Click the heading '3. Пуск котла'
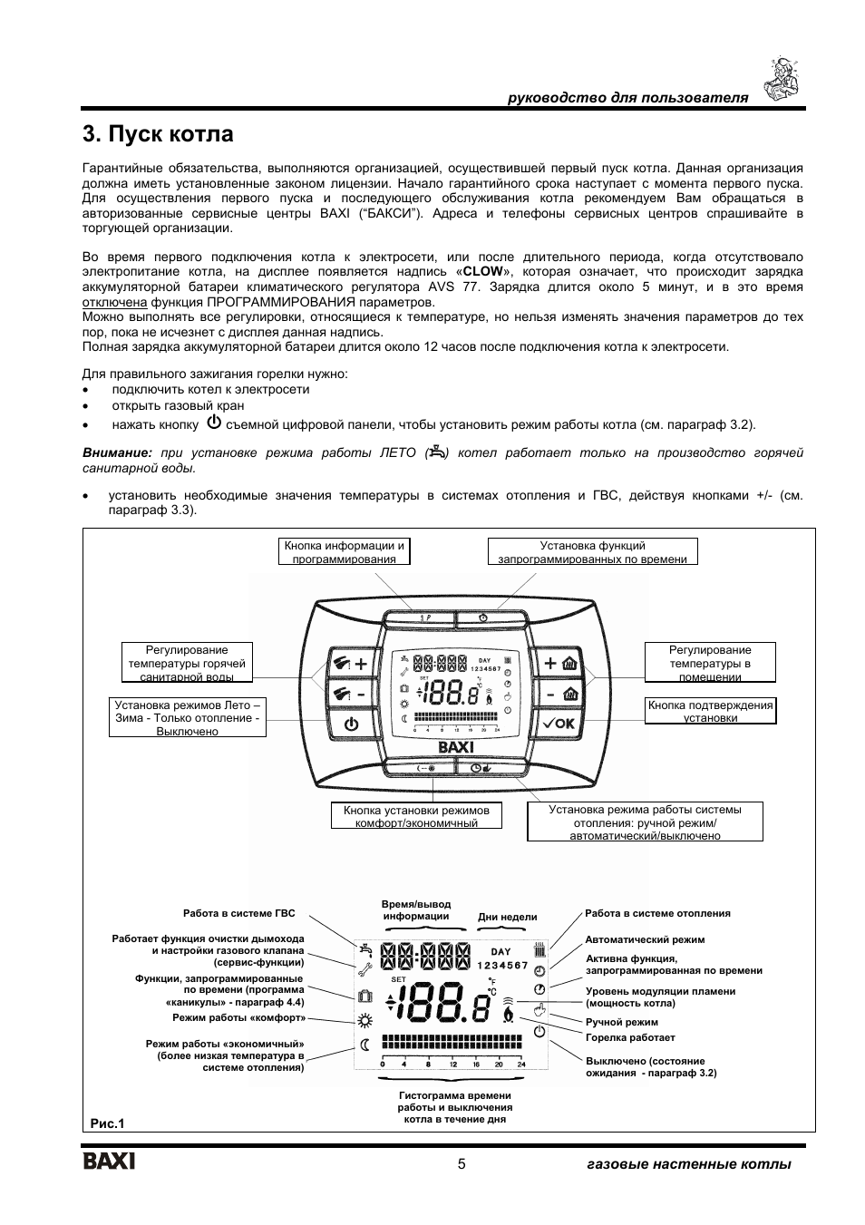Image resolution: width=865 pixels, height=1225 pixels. click(158, 135)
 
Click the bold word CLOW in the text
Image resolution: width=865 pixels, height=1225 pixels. click(482, 272)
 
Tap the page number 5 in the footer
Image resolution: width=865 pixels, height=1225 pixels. click(461, 1164)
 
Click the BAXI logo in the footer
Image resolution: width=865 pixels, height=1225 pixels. click(109, 1162)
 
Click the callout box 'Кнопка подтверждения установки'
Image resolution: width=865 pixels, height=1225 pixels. click(711, 711)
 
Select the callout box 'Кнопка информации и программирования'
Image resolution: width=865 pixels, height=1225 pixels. click(344, 552)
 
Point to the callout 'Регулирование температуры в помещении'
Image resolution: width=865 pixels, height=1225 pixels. click(710, 663)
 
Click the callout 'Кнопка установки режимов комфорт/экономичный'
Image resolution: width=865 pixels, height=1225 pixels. click(416, 816)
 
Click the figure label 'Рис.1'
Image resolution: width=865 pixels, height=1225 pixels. click(106, 1123)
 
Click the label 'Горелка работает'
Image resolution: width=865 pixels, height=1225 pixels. click(630, 1037)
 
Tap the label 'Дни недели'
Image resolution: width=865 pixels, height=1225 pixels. click(507, 917)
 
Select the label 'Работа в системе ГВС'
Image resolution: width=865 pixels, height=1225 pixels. click(239, 914)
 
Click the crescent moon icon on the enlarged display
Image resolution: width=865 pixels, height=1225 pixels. click(365, 1044)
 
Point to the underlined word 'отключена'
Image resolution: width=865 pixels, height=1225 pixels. click(114, 302)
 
